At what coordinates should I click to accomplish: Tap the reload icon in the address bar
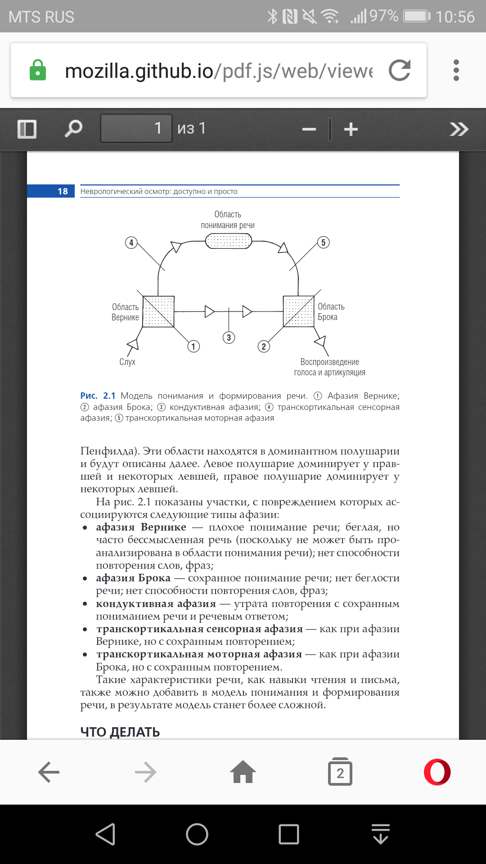pos(400,70)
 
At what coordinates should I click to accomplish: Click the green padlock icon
pos(38,70)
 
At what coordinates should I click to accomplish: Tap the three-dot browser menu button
pos(456,70)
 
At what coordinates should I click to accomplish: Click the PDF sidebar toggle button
pos(27,129)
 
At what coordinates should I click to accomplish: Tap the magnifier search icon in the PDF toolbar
pos(73,129)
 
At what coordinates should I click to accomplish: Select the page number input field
pos(136,128)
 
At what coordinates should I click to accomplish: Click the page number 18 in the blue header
pos(63,191)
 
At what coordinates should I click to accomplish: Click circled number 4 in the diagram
pos(131,243)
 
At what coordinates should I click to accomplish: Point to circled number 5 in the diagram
pos(323,243)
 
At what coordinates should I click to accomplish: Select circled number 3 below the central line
pos(229,337)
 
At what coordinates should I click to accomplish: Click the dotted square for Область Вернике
pos(158,311)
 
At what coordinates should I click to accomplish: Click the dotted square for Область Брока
pos(298,311)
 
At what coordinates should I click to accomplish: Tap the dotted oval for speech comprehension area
pos(229,242)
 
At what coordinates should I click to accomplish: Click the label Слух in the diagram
pos(127,362)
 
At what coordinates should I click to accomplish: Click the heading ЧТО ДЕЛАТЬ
pos(120,732)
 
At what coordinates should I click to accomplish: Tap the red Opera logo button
pos(437,772)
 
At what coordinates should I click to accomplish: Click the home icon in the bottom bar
pos(243,772)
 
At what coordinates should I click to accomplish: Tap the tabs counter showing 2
pos(340,772)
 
